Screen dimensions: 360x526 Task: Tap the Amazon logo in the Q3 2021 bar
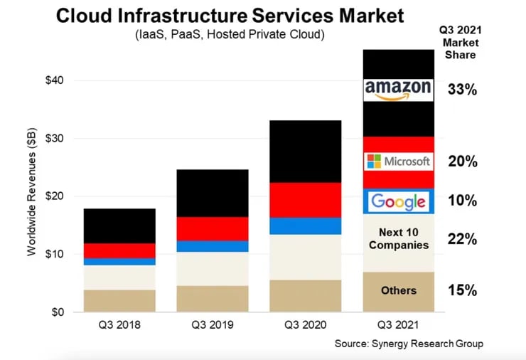397,90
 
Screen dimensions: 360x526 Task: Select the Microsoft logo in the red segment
397,162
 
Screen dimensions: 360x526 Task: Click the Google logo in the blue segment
397,201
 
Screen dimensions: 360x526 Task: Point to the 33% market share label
462,90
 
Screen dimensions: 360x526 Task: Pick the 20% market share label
462,162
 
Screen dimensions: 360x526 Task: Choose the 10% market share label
462,201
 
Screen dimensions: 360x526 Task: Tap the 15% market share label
462,290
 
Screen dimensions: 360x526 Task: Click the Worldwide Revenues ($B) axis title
33,195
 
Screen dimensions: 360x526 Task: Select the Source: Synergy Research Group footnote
409,344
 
